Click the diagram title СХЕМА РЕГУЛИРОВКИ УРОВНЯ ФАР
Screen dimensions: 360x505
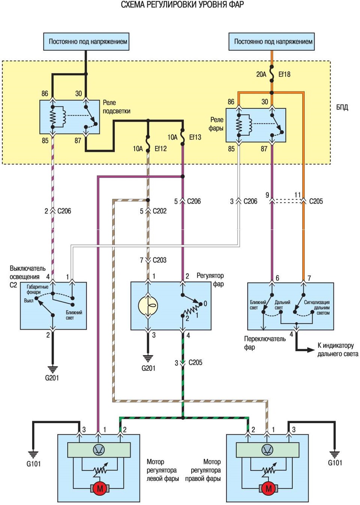(x=182, y=5)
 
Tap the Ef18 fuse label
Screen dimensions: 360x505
(x=284, y=74)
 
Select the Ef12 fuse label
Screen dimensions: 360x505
(x=160, y=149)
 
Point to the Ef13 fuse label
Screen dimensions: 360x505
(x=195, y=137)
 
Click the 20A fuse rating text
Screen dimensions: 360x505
(x=261, y=74)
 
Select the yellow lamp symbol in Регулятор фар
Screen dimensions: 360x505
(x=148, y=306)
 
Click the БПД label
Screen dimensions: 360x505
(x=342, y=108)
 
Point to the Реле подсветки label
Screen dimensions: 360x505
(x=117, y=107)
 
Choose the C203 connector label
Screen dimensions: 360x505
(x=159, y=260)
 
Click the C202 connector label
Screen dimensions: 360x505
(x=159, y=211)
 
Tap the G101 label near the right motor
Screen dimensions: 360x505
(x=335, y=463)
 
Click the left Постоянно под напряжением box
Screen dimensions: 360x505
(x=86, y=42)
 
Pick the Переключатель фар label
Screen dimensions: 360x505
(x=265, y=343)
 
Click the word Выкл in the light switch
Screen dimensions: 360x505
(x=28, y=301)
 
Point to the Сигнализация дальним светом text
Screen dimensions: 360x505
(x=316, y=308)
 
